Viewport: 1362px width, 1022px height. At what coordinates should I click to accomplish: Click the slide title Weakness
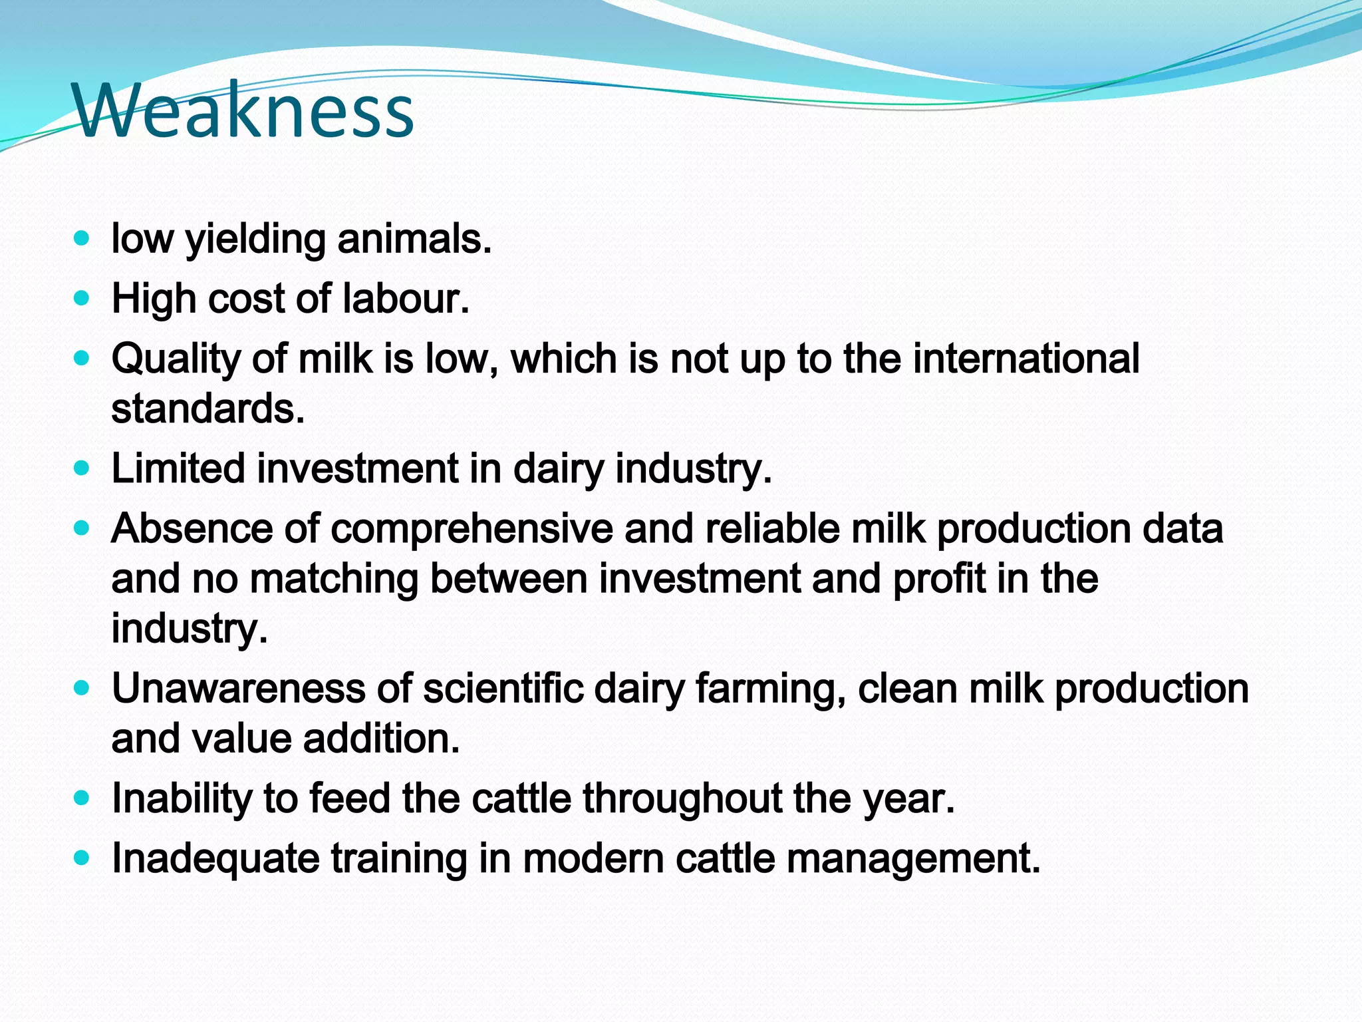tap(245, 110)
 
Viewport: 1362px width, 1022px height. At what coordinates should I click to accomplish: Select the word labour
tap(406, 299)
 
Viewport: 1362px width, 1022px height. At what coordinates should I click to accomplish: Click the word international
tap(1026, 359)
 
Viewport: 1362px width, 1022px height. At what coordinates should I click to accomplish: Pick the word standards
tap(207, 409)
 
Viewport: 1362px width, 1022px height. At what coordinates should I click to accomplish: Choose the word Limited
tap(178, 468)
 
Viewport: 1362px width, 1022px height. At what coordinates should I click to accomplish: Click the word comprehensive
tap(472, 529)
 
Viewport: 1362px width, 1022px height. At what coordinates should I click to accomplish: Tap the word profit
tap(938, 579)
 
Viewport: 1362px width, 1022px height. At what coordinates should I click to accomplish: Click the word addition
tap(381, 739)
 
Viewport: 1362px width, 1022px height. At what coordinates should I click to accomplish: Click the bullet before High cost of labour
tap(82, 299)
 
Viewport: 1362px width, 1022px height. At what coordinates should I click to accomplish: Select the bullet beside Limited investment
tap(82, 468)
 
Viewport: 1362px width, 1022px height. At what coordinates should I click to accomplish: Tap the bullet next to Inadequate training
tap(82, 858)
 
